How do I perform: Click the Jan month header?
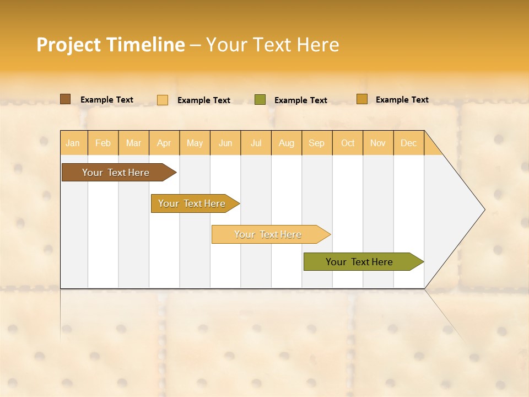point(73,143)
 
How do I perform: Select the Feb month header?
point(103,143)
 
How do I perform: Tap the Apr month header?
point(164,143)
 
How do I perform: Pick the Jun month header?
point(225,143)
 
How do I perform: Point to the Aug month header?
point(286,143)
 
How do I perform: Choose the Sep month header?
point(316,143)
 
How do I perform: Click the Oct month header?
point(348,143)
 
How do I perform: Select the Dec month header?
point(408,143)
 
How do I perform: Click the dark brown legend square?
point(66,99)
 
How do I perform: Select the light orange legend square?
point(163,100)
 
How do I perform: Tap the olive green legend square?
point(260,100)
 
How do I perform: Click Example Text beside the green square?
point(301,100)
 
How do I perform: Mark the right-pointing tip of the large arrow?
point(483,210)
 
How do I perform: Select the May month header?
point(195,143)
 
